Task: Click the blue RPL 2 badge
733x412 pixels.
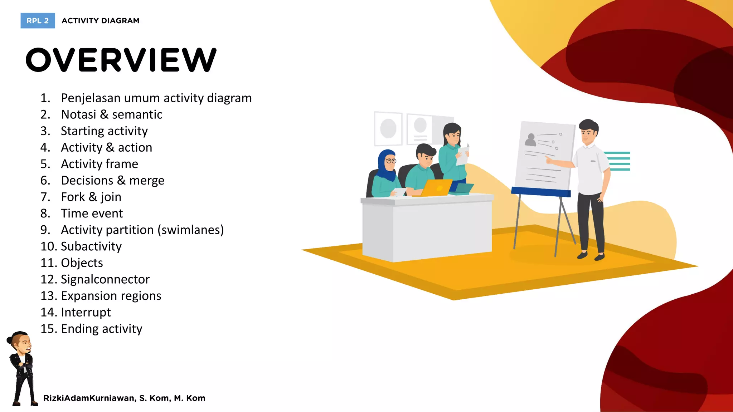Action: [x=38, y=21]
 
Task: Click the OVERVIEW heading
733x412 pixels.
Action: [x=121, y=60]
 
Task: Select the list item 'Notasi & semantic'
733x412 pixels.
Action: [x=112, y=114]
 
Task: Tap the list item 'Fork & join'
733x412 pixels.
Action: [x=91, y=197]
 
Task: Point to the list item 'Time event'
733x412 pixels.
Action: [x=92, y=214]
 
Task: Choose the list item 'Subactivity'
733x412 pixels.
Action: [x=91, y=246]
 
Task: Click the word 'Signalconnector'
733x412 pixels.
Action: [x=105, y=279]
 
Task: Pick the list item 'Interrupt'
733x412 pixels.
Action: [x=86, y=312]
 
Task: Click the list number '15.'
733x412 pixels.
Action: [x=48, y=329]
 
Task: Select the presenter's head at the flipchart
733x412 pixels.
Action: [x=588, y=131]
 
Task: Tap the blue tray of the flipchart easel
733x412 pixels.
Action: [x=540, y=192]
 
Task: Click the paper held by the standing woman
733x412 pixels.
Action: [x=462, y=156]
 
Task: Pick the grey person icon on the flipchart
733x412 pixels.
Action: [x=530, y=140]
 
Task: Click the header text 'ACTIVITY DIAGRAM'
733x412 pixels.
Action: [x=101, y=21]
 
